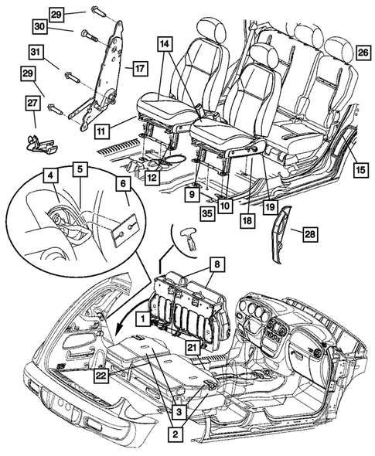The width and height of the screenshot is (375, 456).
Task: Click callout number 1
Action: tap(143, 318)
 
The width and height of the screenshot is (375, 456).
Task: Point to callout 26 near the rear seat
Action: tap(362, 53)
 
